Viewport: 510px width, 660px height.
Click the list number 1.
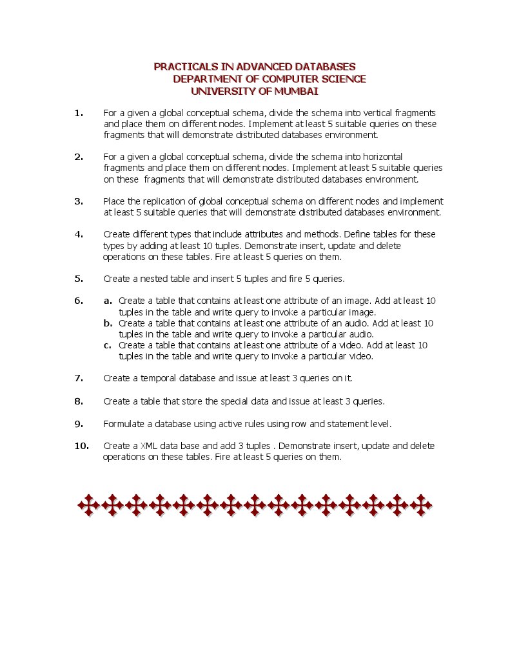coord(79,113)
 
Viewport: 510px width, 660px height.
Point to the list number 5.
coord(79,279)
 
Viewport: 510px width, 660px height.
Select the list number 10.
coord(81,446)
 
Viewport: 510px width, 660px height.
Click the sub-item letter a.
coord(108,301)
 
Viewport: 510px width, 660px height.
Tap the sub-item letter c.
coord(108,345)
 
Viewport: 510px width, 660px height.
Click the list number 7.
coord(79,378)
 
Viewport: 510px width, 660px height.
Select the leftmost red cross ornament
coord(88,505)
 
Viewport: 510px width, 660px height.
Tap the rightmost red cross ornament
coord(422,505)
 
